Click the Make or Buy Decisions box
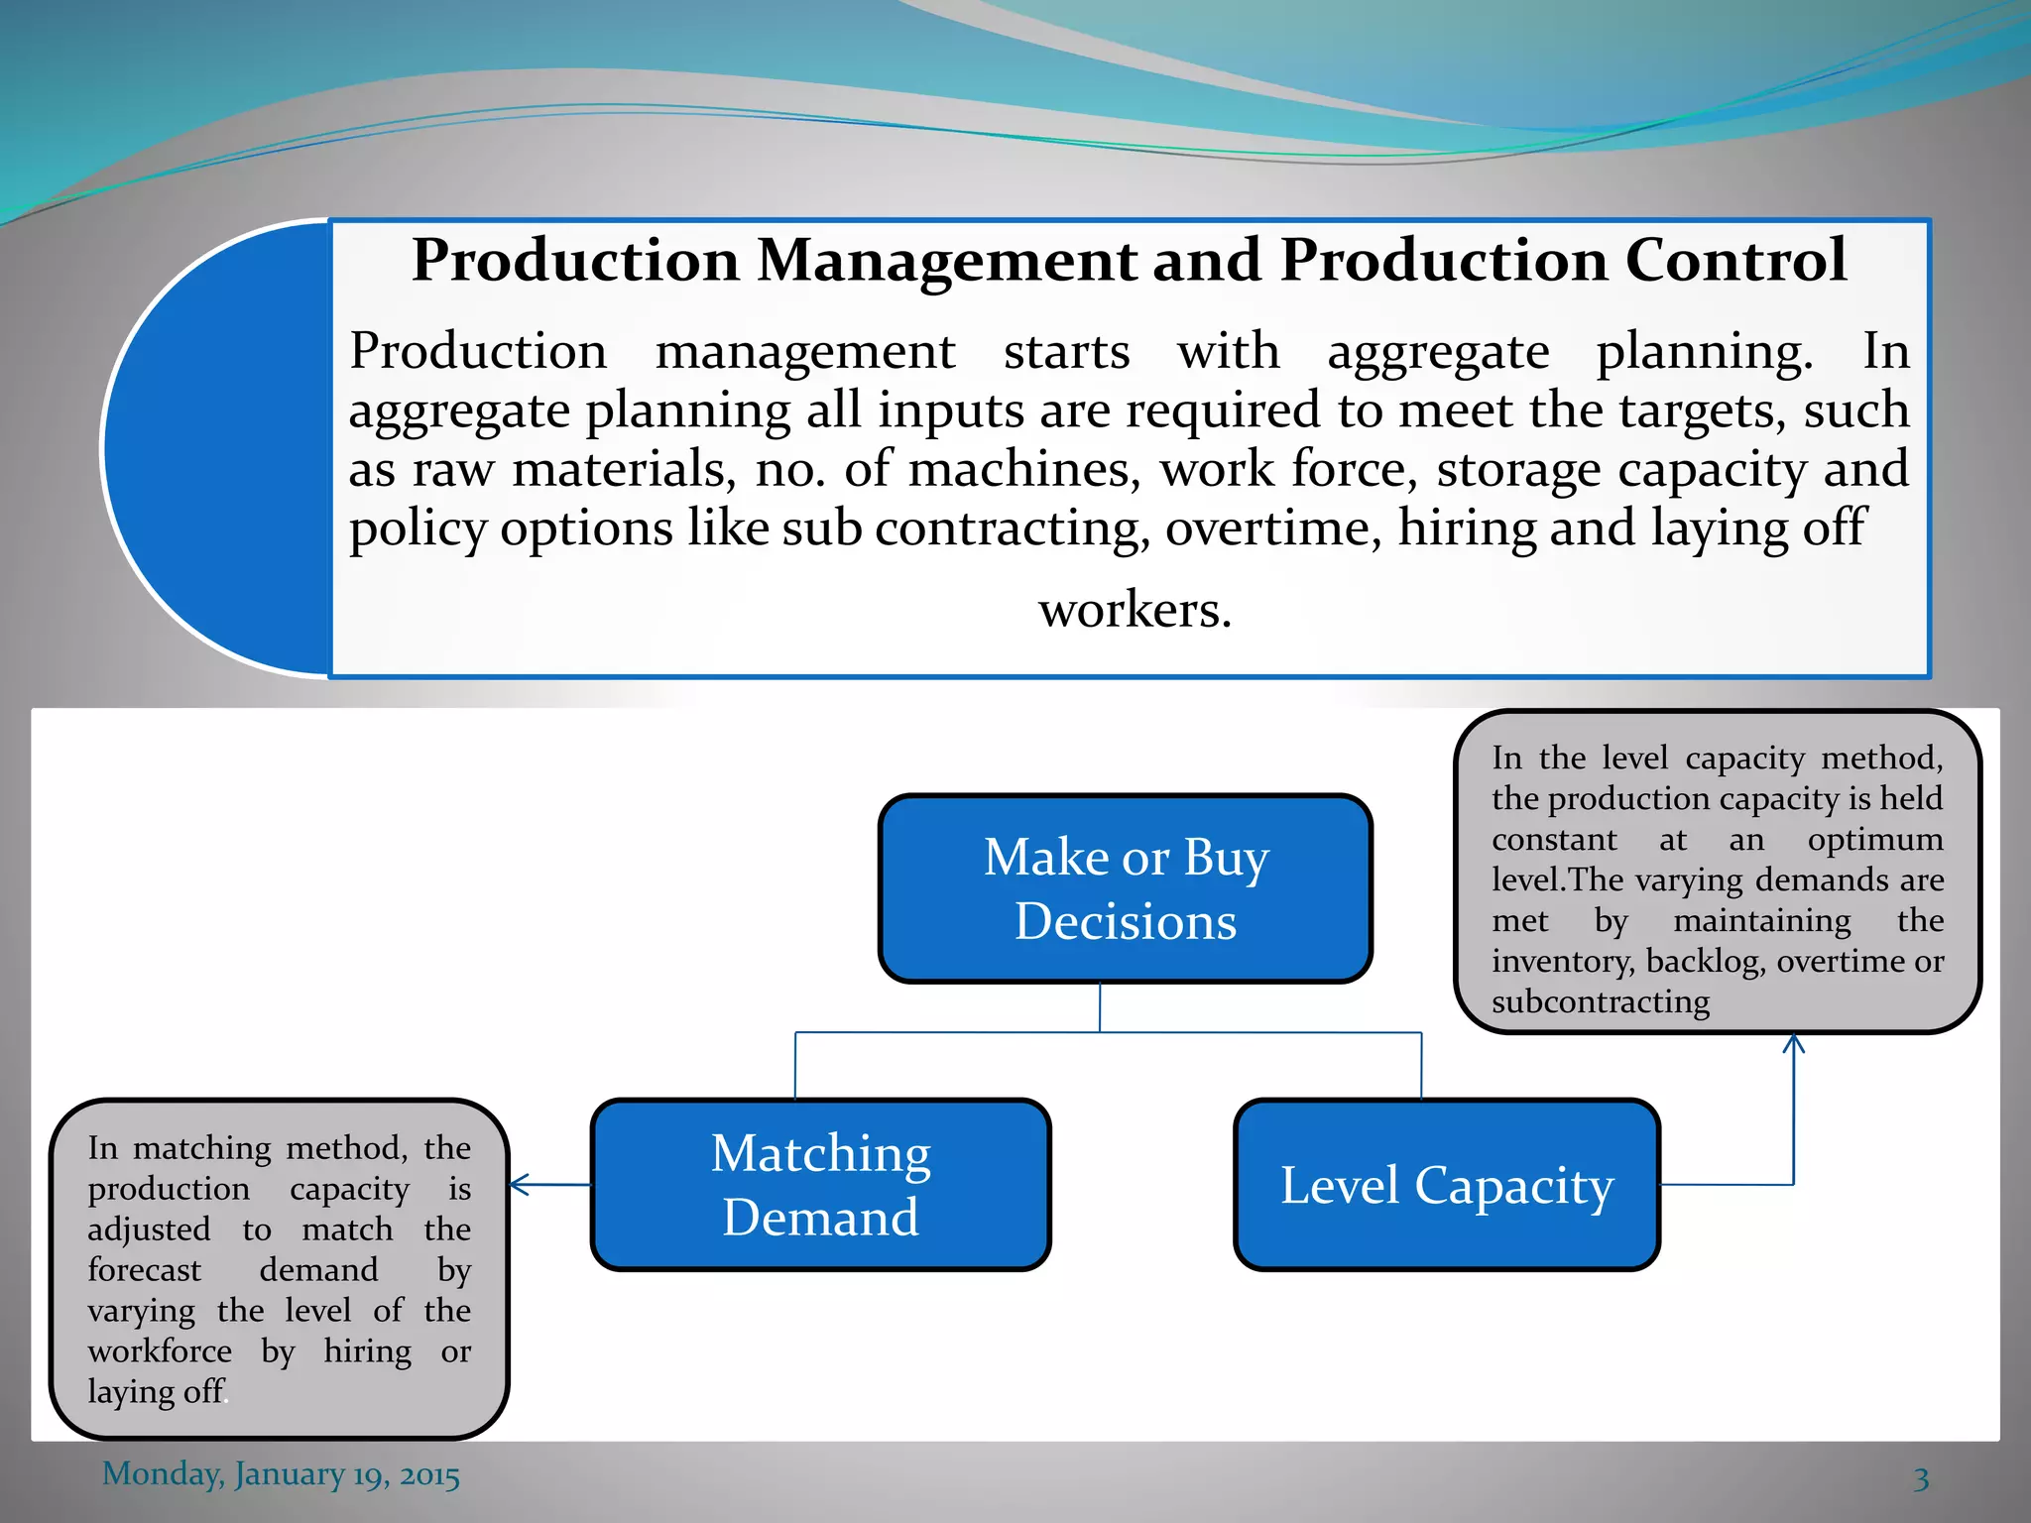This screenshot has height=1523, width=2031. click(x=1126, y=888)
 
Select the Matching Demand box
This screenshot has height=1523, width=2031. click(x=820, y=1184)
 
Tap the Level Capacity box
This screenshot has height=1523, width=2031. click(x=1447, y=1184)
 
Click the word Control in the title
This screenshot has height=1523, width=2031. click(x=1735, y=261)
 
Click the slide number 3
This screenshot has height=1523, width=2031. click(x=1921, y=1478)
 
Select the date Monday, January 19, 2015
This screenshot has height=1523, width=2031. click(x=281, y=1474)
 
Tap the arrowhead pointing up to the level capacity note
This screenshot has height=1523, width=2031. click(x=1793, y=1043)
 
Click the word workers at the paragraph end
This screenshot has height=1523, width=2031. click(x=1135, y=609)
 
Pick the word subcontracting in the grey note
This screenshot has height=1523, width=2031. click(x=1600, y=1001)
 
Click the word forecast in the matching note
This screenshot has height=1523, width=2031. click(x=144, y=1269)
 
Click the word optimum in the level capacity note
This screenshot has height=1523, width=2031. click(x=1874, y=840)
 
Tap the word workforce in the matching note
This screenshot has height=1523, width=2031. click(x=159, y=1350)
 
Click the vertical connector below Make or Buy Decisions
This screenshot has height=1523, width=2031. click(x=1100, y=1006)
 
